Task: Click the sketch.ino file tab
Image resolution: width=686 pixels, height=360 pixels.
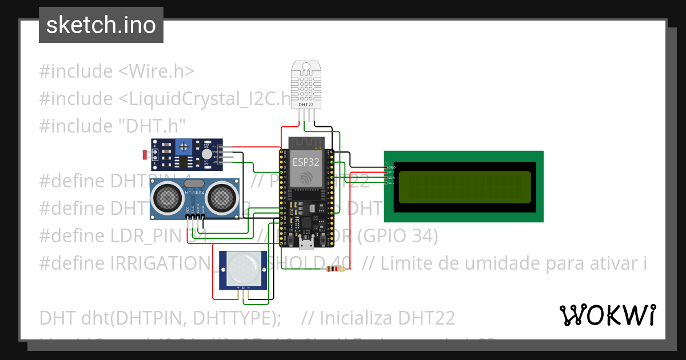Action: click(101, 25)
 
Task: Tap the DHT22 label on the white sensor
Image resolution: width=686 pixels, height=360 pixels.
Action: click(306, 105)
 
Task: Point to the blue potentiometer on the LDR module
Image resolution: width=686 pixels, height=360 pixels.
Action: click(184, 147)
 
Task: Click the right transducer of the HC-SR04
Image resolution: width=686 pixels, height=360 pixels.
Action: click(220, 198)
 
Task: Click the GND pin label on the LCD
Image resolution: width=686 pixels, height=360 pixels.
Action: click(392, 167)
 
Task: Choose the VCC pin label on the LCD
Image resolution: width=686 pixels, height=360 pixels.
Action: click(392, 172)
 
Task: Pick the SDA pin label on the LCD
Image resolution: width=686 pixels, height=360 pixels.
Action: click(392, 178)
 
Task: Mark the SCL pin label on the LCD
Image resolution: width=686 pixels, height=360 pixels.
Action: click(392, 183)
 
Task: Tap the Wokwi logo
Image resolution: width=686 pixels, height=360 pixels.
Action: click(607, 315)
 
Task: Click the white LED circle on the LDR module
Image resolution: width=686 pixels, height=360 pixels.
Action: click(206, 153)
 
